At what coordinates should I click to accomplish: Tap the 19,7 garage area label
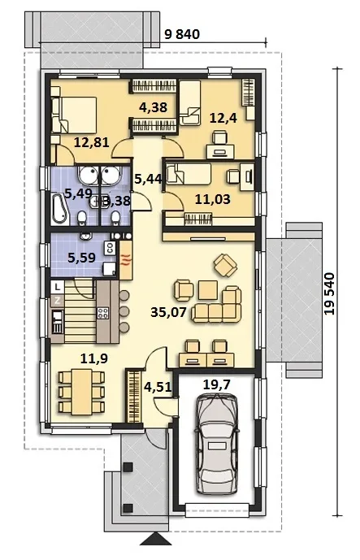[x=216, y=384]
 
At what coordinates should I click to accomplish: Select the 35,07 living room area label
[x=168, y=312]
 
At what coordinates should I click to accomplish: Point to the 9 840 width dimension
[x=182, y=34]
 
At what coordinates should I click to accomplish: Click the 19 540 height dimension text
[x=331, y=294]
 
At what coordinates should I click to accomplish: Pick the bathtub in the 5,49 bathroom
[x=59, y=208]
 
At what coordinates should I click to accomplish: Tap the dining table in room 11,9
[x=82, y=392]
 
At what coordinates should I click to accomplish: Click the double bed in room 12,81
[x=74, y=115]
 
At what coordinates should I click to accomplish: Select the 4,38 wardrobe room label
[x=153, y=106]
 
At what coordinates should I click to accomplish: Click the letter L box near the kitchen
[x=57, y=286]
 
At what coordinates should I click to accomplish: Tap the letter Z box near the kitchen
[x=57, y=301]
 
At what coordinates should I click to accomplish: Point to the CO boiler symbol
[x=110, y=247]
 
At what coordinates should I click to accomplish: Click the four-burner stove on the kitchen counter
[x=103, y=313]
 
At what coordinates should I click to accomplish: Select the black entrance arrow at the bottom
[x=154, y=539]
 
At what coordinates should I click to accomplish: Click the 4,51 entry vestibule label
[x=157, y=386]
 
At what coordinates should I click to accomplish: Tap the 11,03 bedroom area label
[x=212, y=199]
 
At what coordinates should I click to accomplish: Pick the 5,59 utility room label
[x=81, y=257]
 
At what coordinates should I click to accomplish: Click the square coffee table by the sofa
[x=208, y=290]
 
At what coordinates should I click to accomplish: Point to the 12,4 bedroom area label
[x=223, y=117]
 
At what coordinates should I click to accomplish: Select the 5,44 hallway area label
[x=148, y=177]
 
